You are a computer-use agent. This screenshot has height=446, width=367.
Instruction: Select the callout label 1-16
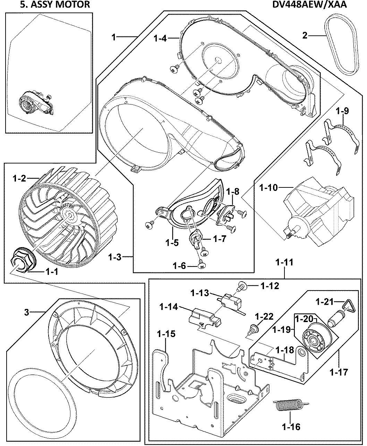291,427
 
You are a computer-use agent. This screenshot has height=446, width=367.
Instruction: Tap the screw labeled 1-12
241,287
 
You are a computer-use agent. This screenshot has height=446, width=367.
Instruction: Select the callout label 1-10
268,188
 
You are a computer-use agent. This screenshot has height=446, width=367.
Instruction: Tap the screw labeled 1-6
200,266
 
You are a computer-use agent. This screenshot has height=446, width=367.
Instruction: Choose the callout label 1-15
166,334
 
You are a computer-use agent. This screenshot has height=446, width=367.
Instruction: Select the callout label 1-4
160,38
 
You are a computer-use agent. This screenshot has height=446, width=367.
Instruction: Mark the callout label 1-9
342,111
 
